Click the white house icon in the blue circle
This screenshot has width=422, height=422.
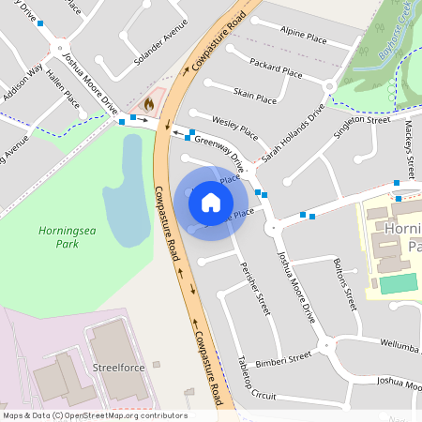click(211, 202)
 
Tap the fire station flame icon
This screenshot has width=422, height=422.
click(149, 100)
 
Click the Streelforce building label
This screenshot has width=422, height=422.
click(119, 368)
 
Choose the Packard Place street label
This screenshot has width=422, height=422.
click(277, 67)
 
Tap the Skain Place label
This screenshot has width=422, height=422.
click(255, 96)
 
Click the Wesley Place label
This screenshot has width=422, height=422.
click(234, 124)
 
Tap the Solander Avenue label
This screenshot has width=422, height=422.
click(155, 50)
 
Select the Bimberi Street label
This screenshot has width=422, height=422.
click(287, 359)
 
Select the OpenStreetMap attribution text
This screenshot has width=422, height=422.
click(95, 414)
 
